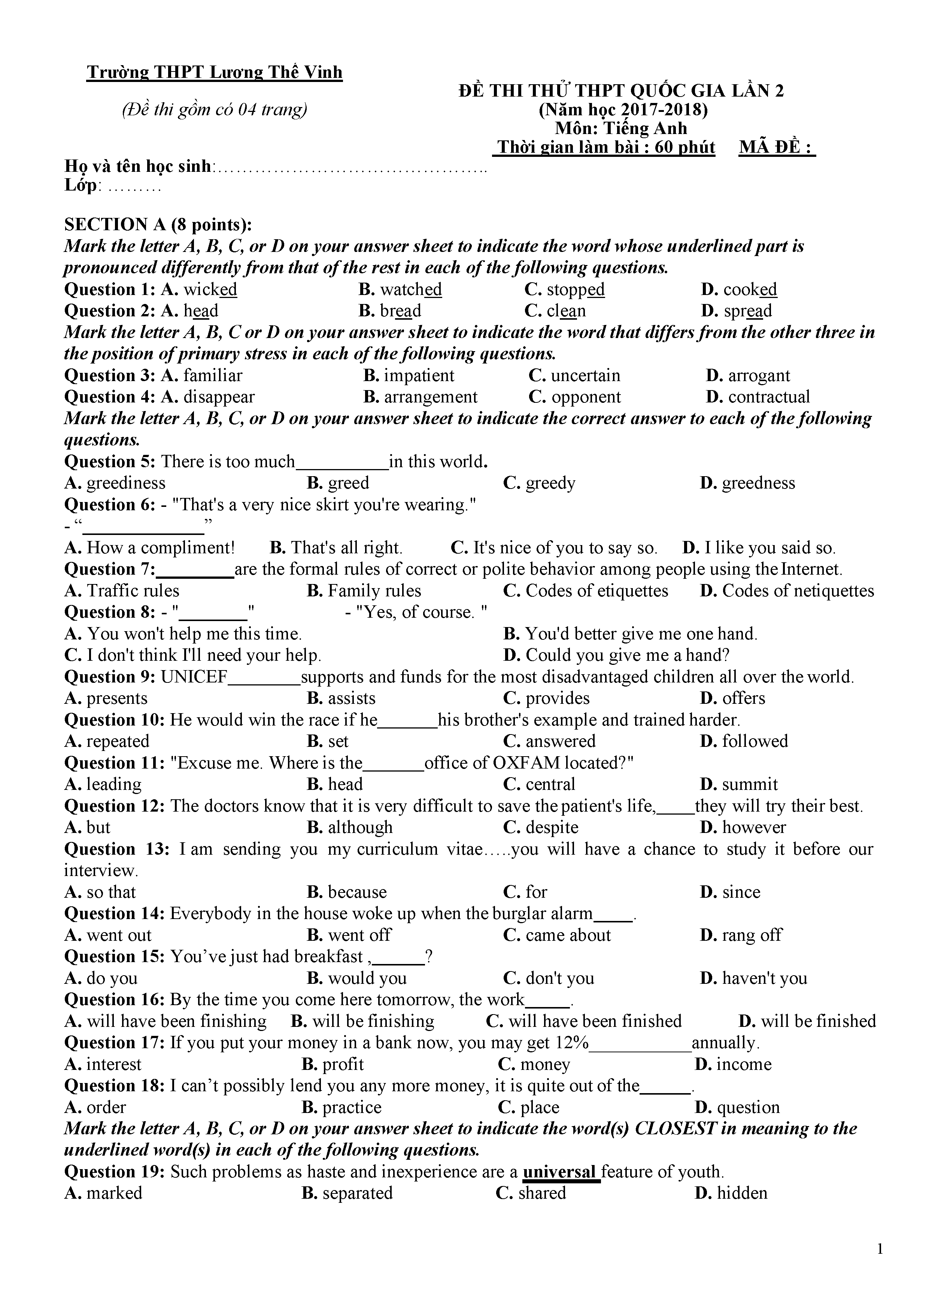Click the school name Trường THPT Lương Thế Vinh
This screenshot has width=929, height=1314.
pyautogui.click(x=215, y=73)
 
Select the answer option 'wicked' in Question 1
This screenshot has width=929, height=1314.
pyautogui.click(x=209, y=290)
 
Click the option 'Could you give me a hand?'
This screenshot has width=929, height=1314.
pyautogui.click(x=627, y=655)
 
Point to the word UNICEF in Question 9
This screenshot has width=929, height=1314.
pyautogui.click(x=195, y=677)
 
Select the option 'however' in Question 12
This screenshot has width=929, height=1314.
pyautogui.click(x=753, y=828)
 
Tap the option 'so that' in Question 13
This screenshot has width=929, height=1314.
pyautogui.click(x=111, y=892)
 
